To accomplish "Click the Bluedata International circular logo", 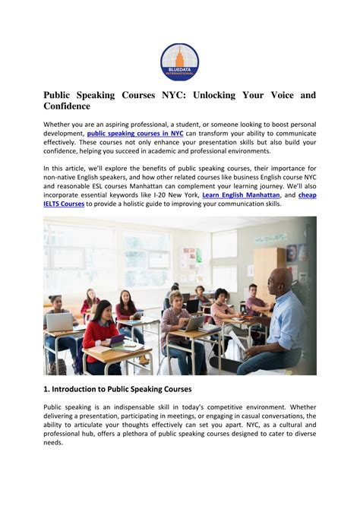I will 179,62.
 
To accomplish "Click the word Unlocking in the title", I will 219,96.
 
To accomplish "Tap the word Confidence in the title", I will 72,106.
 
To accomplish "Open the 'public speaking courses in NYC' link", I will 135,133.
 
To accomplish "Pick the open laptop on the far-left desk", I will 60,322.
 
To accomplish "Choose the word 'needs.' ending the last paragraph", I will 53,442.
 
